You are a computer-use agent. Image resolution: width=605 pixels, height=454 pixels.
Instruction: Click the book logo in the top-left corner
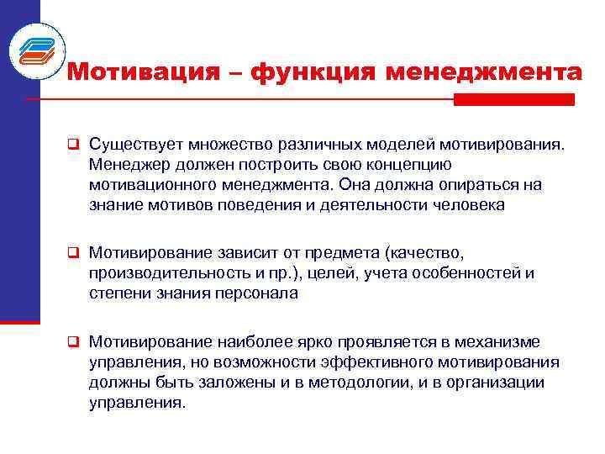coord(36,49)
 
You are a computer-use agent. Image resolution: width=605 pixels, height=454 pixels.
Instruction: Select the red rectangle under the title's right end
coord(513,99)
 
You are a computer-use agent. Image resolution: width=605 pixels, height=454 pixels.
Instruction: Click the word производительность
coord(166,273)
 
